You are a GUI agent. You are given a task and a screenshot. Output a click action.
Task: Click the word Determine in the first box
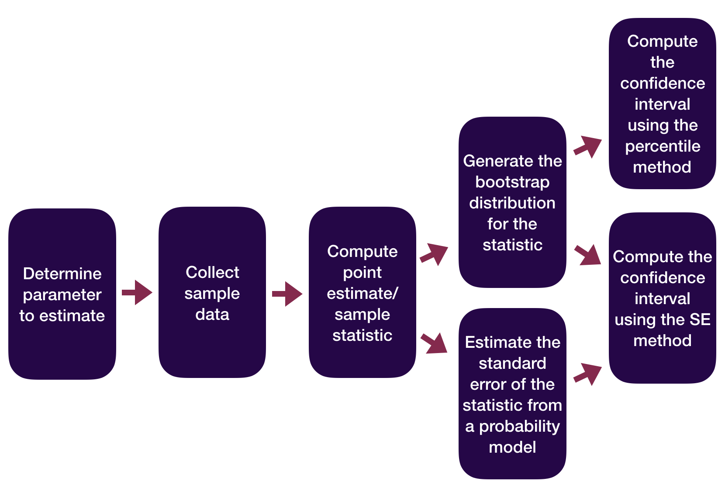coord(62,274)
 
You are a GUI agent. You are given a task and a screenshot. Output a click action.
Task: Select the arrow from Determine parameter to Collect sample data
coord(137,292)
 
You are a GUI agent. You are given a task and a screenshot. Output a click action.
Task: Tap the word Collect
coord(212,272)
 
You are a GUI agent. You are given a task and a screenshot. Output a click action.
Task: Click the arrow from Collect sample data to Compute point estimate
coord(287,294)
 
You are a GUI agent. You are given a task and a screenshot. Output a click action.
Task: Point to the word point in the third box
coord(362,272)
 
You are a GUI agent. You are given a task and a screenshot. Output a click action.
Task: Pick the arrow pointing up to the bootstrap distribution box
coord(434,254)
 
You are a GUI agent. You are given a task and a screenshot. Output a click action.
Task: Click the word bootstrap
coord(512,182)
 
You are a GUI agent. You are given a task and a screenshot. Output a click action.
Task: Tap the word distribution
coord(512,203)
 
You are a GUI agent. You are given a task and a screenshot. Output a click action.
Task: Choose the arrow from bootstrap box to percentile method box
coord(588,146)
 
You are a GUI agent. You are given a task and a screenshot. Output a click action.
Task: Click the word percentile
coord(663,146)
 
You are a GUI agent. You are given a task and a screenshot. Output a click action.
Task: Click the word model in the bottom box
coord(512,447)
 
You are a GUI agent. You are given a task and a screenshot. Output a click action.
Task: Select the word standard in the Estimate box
coord(512,363)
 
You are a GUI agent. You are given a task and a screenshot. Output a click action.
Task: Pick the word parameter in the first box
coord(62,295)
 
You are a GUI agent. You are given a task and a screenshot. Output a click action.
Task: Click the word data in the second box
coord(212,314)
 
